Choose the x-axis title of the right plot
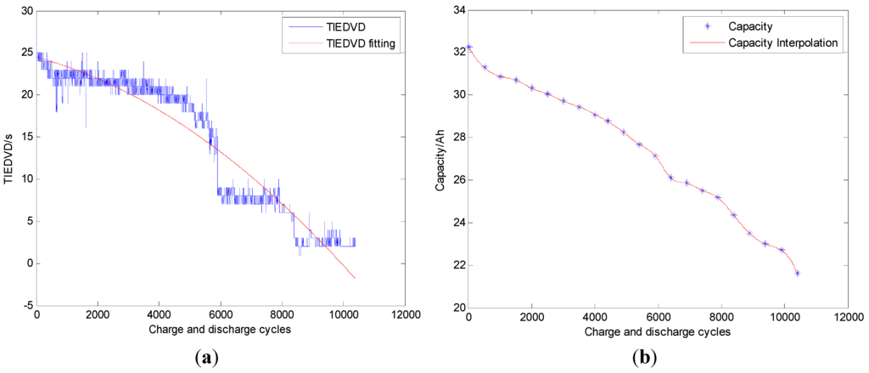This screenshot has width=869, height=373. (657, 330)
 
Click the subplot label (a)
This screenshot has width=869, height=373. (206, 358)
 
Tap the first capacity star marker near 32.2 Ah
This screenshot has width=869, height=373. (469, 47)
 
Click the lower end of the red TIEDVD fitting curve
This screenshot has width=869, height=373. (355, 278)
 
